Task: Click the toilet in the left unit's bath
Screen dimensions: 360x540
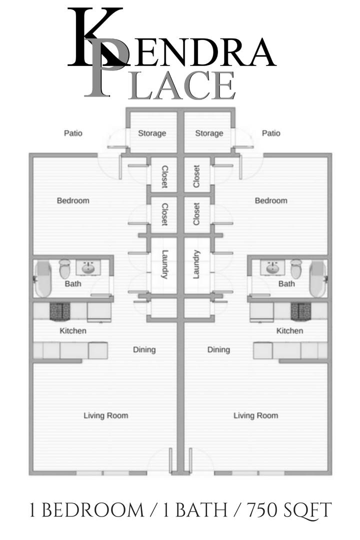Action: tap(64, 268)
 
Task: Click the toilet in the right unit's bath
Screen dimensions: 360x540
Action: tap(296, 268)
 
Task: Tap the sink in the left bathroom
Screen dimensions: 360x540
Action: tap(88, 267)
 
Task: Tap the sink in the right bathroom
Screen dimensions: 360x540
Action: tap(272, 267)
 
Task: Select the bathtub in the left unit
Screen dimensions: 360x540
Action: tap(42, 279)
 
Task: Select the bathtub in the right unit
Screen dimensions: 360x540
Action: tap(317, 279)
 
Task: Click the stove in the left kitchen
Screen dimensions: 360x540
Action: tap(60, 311)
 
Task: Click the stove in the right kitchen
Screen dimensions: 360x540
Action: tap(300, 311)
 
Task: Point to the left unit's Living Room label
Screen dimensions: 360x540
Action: tap(106, 415)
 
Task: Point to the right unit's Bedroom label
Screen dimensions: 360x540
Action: tap(271, 200)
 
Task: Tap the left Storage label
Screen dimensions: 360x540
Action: tap(152, 133)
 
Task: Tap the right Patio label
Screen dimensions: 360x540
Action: tap(271, 133)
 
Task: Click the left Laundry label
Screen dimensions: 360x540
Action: tap(164, 264)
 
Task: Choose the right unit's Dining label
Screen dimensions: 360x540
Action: tap(219, 350)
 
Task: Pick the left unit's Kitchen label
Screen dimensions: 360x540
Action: tap(73, 331)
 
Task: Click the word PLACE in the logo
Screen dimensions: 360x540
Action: tap(160, 84)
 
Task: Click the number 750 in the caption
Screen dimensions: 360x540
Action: tap(262, 510)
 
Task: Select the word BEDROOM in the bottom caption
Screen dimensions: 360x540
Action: tap(93, 510)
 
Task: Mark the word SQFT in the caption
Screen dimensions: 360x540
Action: tap(307, 510)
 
